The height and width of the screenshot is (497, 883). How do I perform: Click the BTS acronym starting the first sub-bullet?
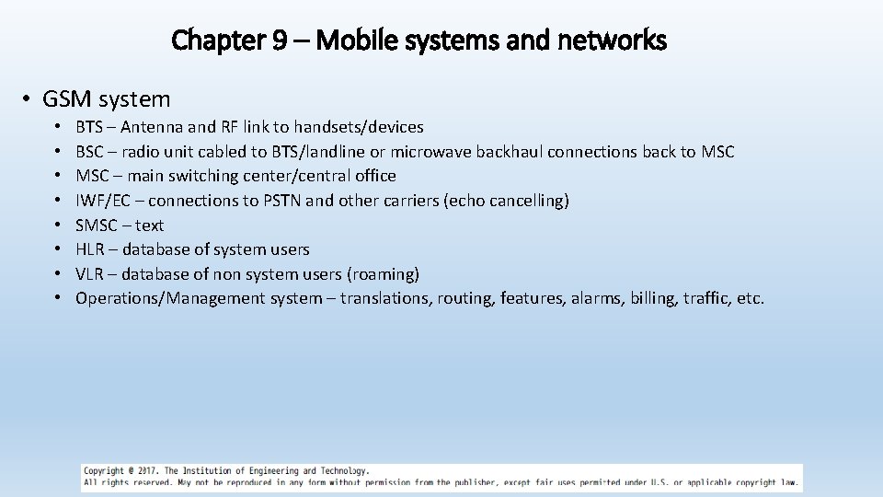[89, 127]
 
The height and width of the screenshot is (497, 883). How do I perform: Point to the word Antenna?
[152, 127]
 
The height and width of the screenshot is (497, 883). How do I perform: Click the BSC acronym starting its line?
[89, 152]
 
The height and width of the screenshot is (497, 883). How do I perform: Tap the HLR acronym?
[89, 249]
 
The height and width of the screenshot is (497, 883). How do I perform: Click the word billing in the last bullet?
[651, 298]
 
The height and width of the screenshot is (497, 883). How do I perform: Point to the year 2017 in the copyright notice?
[146, 471]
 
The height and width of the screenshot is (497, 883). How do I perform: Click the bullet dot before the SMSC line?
[57, 225]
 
